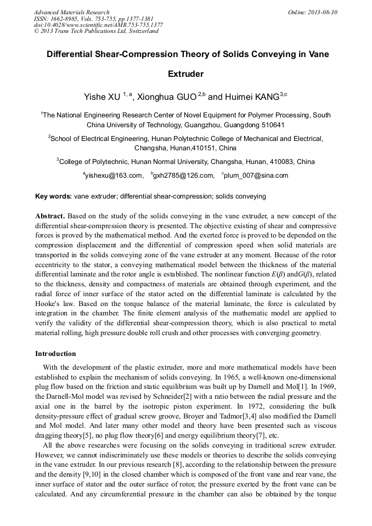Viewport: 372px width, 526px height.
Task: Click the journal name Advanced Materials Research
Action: (x=71, y=12)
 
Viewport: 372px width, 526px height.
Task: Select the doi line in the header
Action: (x=98, y=25)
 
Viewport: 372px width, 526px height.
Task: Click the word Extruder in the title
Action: (x=185, y=73)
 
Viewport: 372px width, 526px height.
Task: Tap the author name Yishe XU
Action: (x=102, y=97)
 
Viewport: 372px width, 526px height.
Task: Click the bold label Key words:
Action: (x=53, y=196)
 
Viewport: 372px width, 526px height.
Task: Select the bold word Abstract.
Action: (x=50, y=217)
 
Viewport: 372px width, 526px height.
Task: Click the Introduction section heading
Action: (x=55, y=354)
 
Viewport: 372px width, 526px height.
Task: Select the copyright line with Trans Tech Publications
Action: (x=96, y=31)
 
